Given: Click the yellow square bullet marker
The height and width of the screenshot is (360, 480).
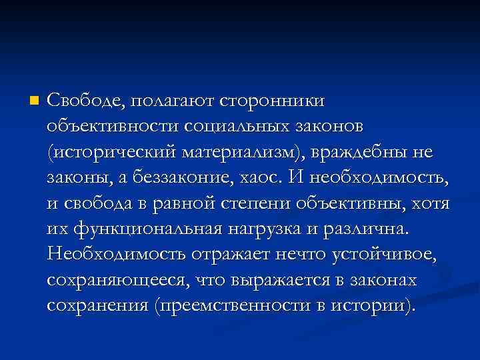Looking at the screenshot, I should point(35,101).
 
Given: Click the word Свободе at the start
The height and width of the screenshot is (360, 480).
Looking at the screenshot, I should point(84,101).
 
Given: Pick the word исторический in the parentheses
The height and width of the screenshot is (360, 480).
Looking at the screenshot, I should point(114,153).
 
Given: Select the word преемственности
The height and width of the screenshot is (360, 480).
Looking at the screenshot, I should point(231,306).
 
